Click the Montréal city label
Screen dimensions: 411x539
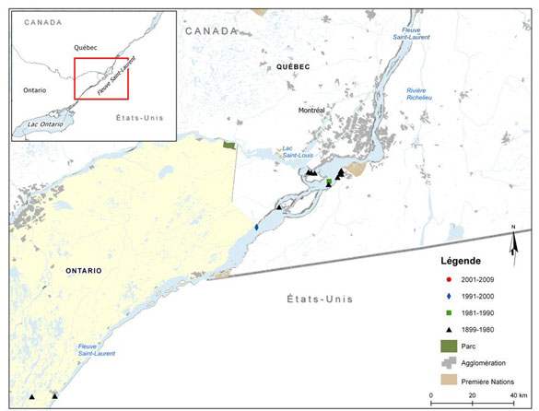tap(312, 111)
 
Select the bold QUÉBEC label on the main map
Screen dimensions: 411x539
tap(292, 67)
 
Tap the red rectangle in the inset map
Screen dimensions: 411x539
tap(101, 78)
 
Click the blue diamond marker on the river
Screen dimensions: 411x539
tap(256, 228)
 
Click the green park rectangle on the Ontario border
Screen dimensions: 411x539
tap(230, 146)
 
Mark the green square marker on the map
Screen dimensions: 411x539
tap(328, 182)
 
